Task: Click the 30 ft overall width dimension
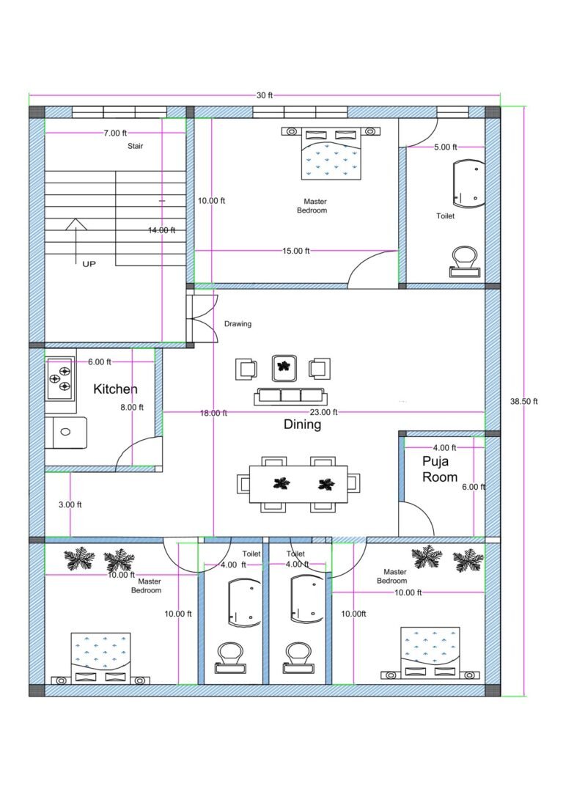[265, 95]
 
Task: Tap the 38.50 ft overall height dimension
[524, 401]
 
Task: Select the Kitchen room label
[115, 389]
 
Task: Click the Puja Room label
[440, 469]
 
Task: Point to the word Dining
[302, 425]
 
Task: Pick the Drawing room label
[238, 324]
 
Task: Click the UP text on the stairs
[89, 263]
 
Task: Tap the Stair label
[136, 146]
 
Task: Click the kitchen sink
[65, 432]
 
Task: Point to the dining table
[298, 484]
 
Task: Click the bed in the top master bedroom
[331, 155]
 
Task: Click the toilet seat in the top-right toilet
[465, 261]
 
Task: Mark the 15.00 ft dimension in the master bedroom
[296, 251]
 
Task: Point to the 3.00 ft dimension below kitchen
[70, 504]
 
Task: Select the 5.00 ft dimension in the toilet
[445, 147]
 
